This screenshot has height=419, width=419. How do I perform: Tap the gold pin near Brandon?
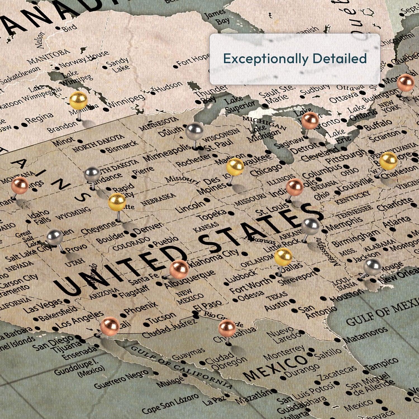click(78, 100)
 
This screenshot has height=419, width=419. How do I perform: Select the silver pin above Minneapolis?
click(194, 131)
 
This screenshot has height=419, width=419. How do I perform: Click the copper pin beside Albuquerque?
click(179, 269)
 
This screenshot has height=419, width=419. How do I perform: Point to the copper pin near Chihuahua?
click(227, 328)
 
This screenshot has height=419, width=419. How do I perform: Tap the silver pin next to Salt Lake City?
click(55, 237)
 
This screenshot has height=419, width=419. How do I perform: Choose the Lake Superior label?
click(240, 103)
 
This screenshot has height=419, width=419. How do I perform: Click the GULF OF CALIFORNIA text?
click(182, 367)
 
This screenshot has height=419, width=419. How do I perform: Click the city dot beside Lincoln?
click(206, 200)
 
